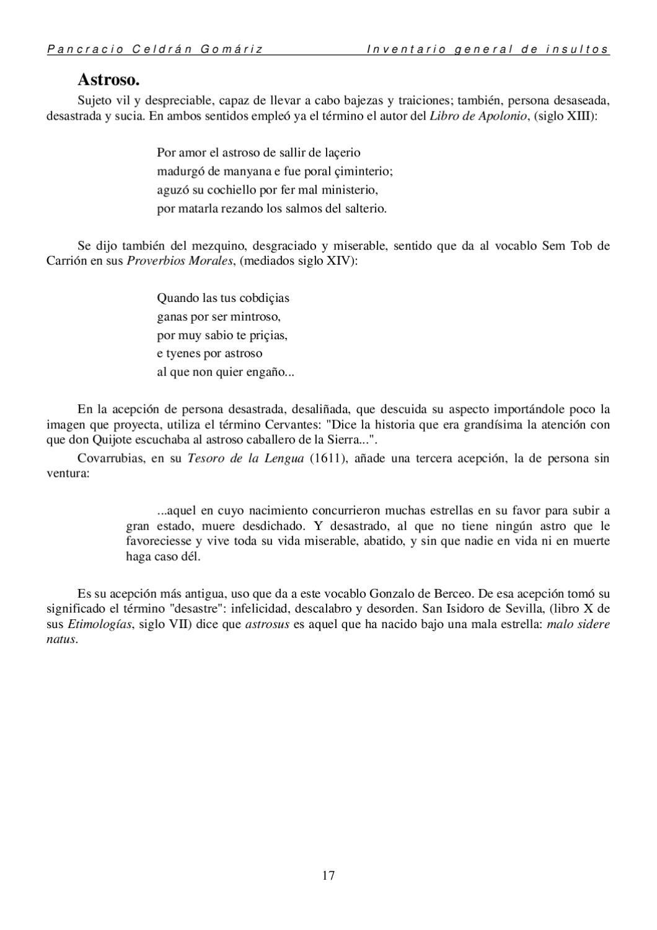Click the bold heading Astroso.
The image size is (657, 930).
pos(108,80)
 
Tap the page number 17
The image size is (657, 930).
pos(328,875)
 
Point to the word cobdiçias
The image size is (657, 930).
pos(262,298)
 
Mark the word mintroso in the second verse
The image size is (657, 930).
pos(256,317)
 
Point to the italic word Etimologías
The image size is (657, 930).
pos(100,624)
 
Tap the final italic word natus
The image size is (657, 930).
pos(62,639)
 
